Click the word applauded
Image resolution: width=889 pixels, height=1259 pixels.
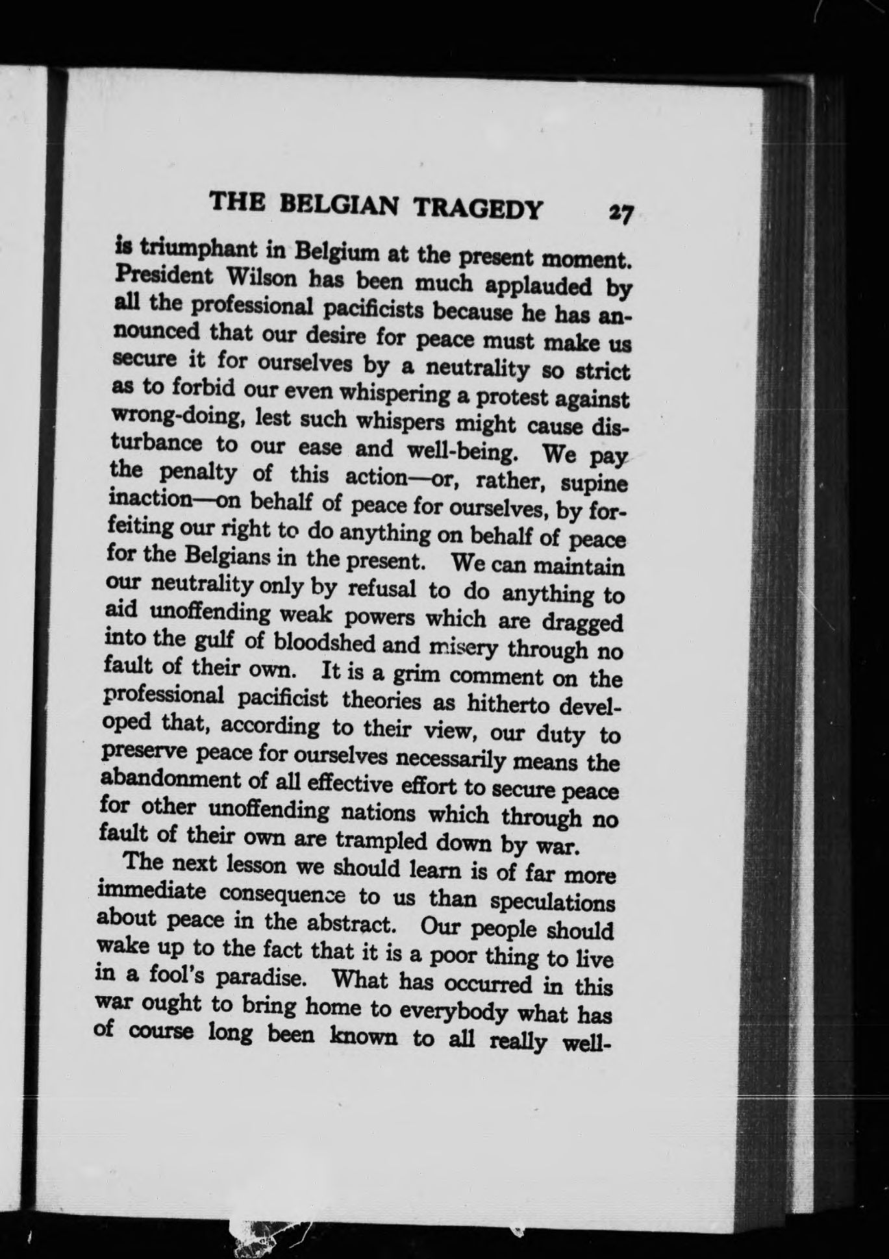(539, 286)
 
